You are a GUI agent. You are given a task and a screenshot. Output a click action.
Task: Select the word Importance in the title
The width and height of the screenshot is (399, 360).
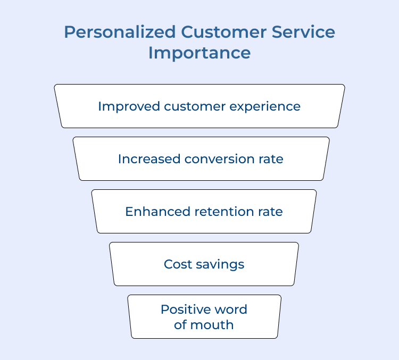coord(199,53)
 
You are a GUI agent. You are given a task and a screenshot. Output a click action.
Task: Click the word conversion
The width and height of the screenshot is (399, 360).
coord(221,159)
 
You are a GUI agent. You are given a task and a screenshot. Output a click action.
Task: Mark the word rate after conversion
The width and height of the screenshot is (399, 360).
coord(272,159)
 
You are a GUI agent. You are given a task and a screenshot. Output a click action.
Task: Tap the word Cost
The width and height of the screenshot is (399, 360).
coord(177,264)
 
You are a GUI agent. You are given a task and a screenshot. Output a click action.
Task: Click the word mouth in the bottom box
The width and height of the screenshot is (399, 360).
coord(213,325)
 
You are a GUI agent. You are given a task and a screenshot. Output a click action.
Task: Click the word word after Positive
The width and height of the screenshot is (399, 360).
coord(231,309)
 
